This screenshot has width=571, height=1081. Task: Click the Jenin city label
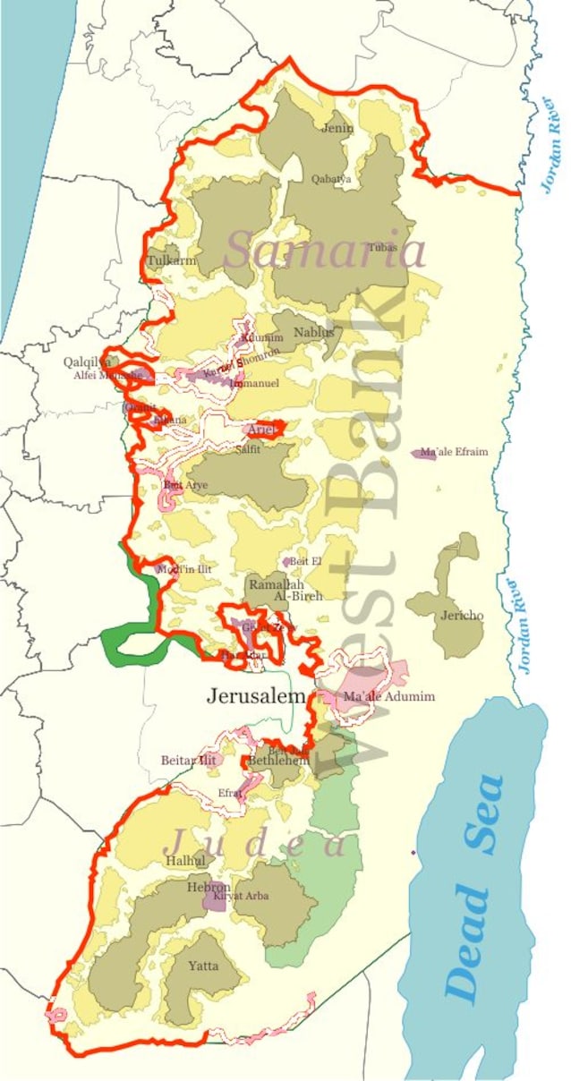pyautogui.click(x=337, y=128)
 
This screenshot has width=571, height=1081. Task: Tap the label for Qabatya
pyautogui.click(x=330, y=179)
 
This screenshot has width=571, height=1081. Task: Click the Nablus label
pyautogui.click(x=313, y=333)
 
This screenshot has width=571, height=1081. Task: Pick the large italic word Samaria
pyautogui.click(x=324, y=251)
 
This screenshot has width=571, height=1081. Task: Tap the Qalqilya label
pyautogui.click(x=87, y=362)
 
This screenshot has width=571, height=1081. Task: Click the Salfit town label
pyautogui.click(x=247, y=449)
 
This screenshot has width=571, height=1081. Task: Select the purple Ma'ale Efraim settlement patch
pyautogui.click(x=422, y=455)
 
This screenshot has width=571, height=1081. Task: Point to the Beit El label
pyautogui.click(x=305, y=561)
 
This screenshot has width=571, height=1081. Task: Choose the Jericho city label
pyautogui.click(x=462, y=616)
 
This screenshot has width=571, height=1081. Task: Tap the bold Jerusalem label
pyautogui.click(x=257, y=695)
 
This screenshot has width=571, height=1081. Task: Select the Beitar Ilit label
pyautogui.click(x=189, y=760)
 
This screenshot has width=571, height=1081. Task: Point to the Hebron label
pyautogui.click(x=209, y=887)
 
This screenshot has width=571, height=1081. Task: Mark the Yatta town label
pyautogui.click(x=202, y=966)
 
